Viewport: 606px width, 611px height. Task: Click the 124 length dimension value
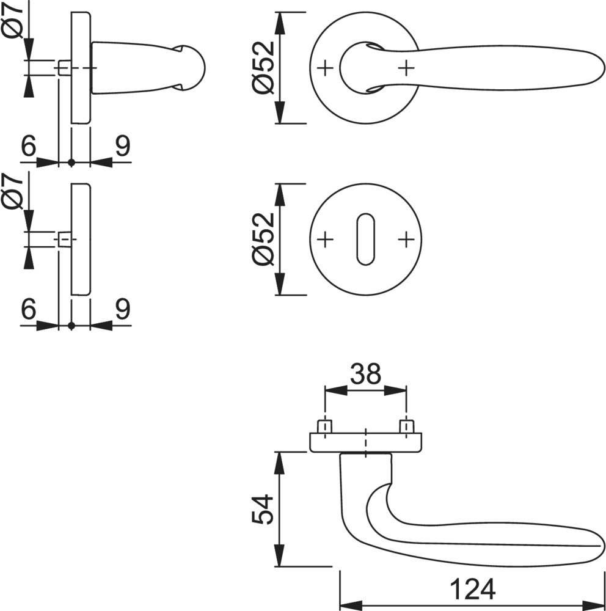click(x=472, y=589)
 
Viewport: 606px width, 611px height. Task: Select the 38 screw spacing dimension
click(x=366, y=373)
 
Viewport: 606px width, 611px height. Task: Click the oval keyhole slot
click(x=365, y=240)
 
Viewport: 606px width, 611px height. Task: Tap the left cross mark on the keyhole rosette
click(x=326, y=240)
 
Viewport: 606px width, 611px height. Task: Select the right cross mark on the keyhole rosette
click(x=406, y=240)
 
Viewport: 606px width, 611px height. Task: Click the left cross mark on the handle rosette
click(x=326, y=68)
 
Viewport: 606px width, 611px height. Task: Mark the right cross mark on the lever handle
click(x=406, y=68)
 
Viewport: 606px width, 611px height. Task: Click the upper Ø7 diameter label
click(x=13, y=20)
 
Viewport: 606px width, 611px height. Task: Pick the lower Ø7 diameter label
click(x=13, y=191)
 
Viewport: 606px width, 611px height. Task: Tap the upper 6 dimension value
click(x=28, y=147)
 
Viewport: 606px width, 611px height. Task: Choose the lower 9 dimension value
click(x=122, y=310)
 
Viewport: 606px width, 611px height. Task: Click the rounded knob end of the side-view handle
click(x=192, y=67)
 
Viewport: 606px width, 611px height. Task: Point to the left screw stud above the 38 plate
click(x=325, y=426)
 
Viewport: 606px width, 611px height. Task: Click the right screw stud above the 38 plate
click(x=406, y=426)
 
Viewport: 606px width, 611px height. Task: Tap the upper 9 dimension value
click(x=122, y=147)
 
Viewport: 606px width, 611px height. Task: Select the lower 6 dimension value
click(x=28, y=310)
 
